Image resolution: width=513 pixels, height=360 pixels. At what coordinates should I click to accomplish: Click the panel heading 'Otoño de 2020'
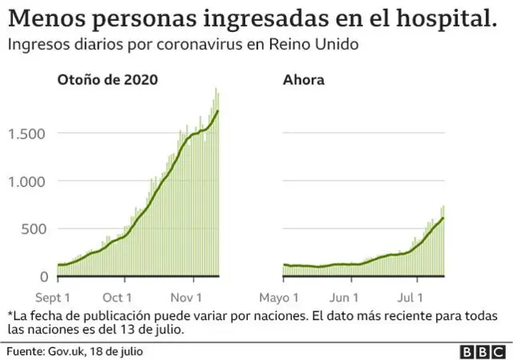[107, 79]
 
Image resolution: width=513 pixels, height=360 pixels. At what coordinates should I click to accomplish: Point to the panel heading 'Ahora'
[303, 79]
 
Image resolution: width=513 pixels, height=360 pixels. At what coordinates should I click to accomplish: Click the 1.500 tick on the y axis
[28, 133]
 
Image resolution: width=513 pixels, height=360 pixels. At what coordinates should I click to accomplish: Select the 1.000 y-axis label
[28, 181]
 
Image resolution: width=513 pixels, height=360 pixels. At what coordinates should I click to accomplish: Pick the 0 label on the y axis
[44, 277]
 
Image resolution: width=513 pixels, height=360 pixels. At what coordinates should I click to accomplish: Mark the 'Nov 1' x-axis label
[194, 293]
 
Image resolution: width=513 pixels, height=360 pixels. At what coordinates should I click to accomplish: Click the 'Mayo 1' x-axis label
[284, 293]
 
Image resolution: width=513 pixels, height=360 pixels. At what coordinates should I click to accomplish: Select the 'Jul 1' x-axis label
[417, 293]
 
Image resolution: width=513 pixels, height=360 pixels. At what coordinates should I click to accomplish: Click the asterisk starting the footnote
[10, 313]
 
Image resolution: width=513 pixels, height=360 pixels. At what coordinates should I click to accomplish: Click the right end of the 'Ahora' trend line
[442, 218]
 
